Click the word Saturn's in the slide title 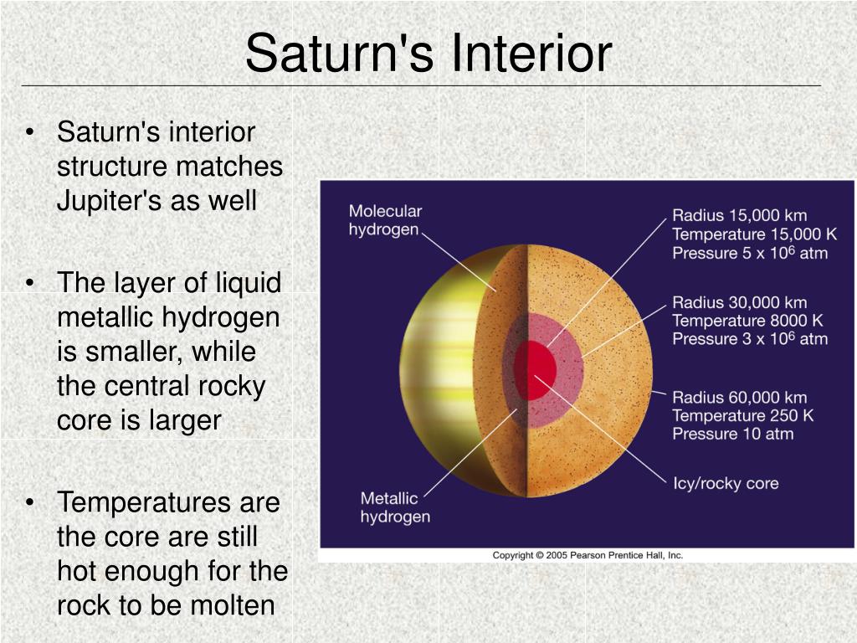[340, 53]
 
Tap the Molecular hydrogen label [385, 220]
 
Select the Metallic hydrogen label [395, 507]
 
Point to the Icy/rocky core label [726, 483]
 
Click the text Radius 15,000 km [740, 215]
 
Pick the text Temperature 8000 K [747, 321]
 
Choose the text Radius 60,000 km [740, 398]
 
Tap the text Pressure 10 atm [733, 434]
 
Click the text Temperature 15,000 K [754, 234]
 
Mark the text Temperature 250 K [743, 415]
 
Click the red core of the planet [535, 371]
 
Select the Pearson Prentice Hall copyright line [588, 555]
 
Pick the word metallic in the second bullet [105, 317]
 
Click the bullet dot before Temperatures [30, 502]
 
